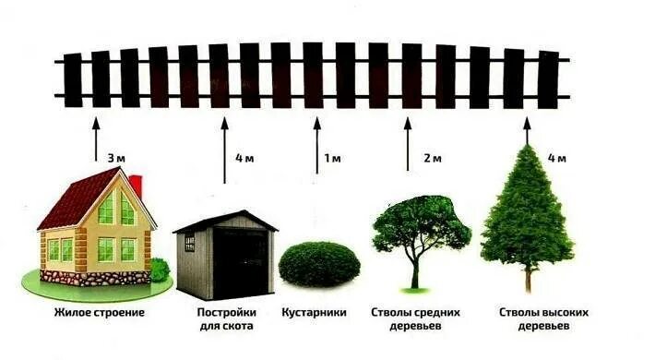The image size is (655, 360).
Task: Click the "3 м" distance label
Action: tap(114, 158)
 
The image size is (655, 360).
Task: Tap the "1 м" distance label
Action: tap(332, 158)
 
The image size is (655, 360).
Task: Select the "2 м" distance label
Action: tap(433, 158)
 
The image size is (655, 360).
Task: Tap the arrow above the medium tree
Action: tap(408, 142)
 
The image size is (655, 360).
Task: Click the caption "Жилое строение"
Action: tap(95, 312)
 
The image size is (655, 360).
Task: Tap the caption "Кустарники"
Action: tap(314, 312)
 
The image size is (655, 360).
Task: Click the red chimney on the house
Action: tap(135, 184)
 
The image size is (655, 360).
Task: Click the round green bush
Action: tap(319, 263)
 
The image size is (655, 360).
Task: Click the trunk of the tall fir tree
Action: tap(528, 279)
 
